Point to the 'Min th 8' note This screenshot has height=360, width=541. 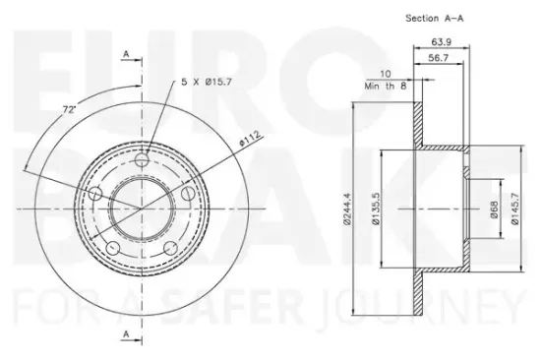pos(391,86)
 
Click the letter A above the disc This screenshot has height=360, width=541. pos(128,55)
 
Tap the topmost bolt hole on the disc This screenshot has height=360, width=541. pos(144,158)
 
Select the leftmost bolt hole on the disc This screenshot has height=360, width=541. pos(96,193)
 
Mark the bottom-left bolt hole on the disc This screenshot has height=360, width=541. pos(114,247)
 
